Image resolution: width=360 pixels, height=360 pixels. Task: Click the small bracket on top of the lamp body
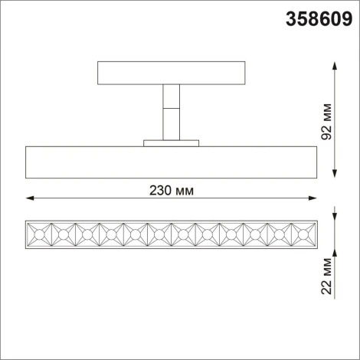pyautogui.click(x=171, y=141)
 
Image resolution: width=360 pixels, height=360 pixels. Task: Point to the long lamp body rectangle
pyautogui.click(x=172, y=161)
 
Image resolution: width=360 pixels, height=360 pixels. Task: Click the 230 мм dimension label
pyautogui.click(x=172, y=188)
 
